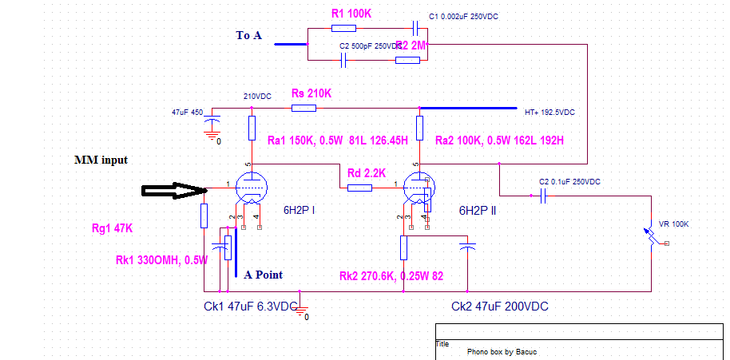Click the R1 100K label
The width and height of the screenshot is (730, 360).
(x=352, y=14)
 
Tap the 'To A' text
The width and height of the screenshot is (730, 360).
(x=250, y=35)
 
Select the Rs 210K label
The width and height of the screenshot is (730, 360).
(x=311, y=93)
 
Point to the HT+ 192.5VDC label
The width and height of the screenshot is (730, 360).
(x=549, y=112)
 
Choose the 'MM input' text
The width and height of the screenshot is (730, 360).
(x=101, y=160)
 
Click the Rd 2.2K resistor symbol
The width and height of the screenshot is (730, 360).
(x=360, y=188)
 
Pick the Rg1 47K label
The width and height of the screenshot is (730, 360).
(x=113, y=229)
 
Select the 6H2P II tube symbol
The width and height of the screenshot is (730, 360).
(x=418, y=188)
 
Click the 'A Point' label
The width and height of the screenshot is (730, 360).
(x=264, y=275)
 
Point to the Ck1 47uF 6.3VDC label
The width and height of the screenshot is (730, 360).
(x=252, y=307)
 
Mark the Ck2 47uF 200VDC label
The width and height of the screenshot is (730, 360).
(x=499, y=307)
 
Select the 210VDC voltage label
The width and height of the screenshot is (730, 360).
(x=257, y=97)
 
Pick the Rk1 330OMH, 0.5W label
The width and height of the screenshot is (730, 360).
(x=161, y=260)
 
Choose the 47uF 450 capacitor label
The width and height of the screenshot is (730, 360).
(x=188, y=113)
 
